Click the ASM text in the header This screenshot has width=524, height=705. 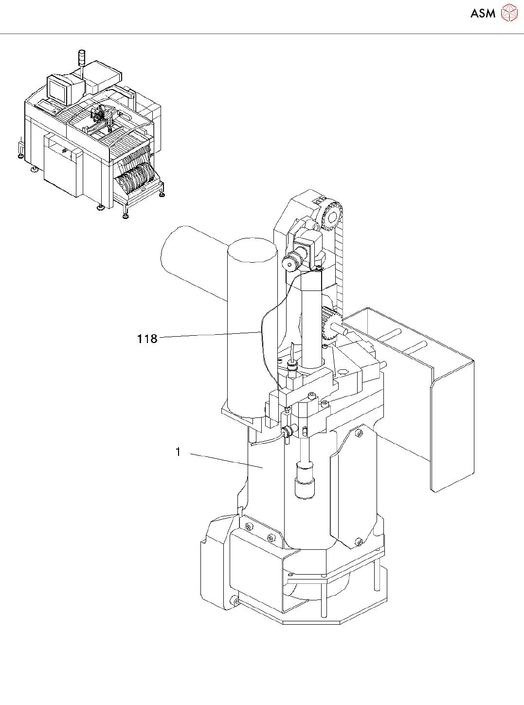tap(483, 14)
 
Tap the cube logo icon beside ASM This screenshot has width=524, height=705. tap(509, 13)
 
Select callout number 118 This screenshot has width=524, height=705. tap(147, 339)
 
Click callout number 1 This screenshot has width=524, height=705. tap(178, 452)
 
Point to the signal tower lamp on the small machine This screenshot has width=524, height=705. tap(81, 57)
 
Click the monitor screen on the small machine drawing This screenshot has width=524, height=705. tap(57, 90)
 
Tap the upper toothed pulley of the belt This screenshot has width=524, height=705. tap(331, 215)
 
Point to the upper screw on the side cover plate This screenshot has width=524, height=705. tap(359, 433)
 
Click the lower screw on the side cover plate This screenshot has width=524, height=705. tap(359, 542)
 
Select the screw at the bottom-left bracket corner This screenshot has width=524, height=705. tap(236, 602)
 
